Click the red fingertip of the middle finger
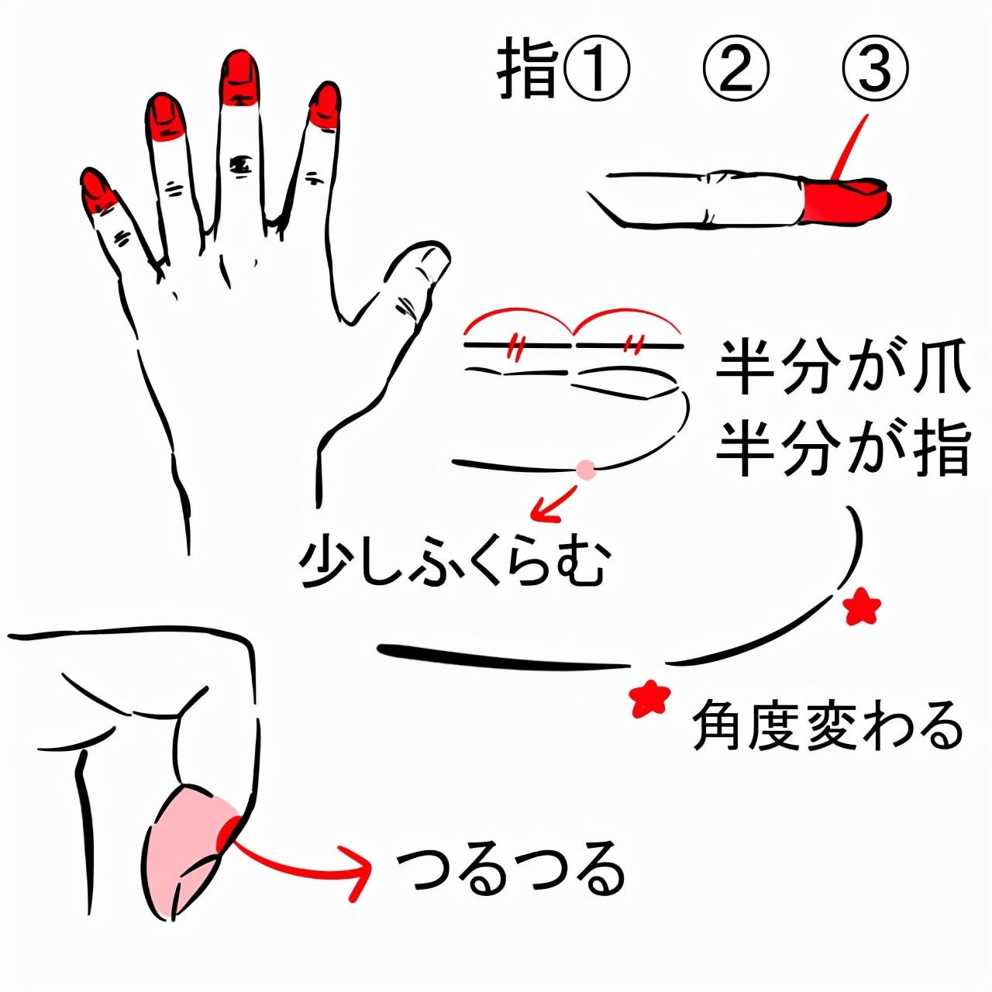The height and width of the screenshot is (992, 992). pyautogui.click(x=241, y=78)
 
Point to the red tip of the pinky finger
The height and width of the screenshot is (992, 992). pyautogui.click(x=98, y=191)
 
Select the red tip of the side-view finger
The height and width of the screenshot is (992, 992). pyautogui.click(x=846, y=200)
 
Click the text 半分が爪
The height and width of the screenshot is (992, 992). pyautogui.click(x=842, y=370)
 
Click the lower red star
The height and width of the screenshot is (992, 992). pyautogui.click(x=649, y=698)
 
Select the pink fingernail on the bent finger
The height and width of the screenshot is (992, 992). pyautogui.click(x=186, y=849)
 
